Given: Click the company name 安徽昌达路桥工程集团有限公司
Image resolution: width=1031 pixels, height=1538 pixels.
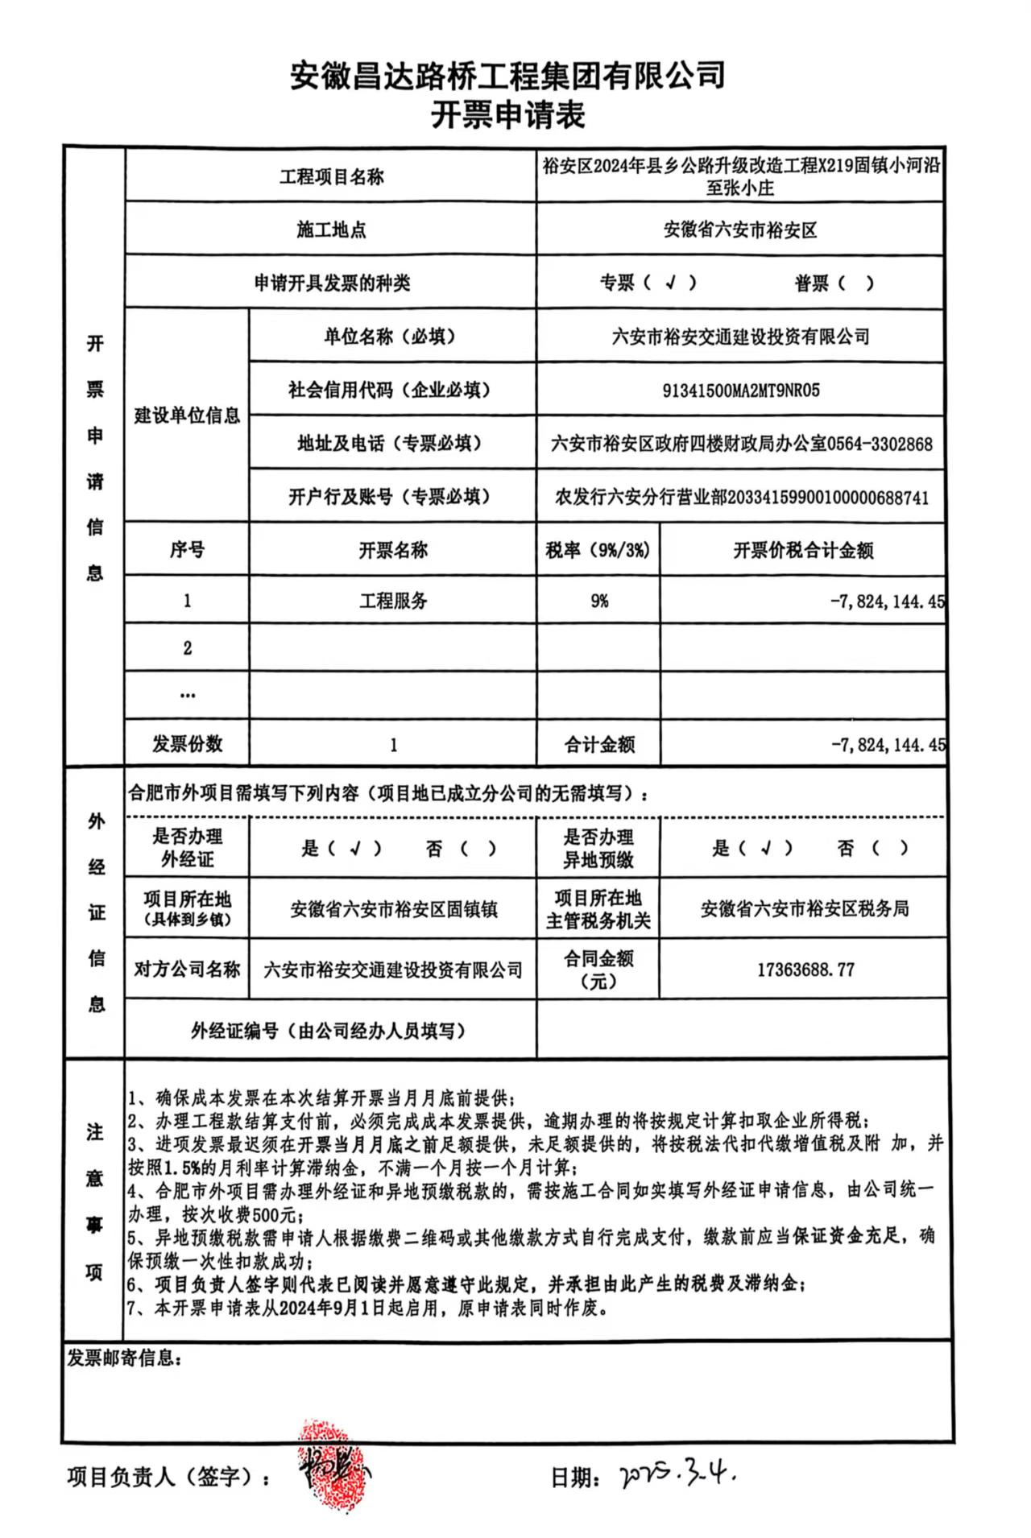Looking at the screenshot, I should point(507,76).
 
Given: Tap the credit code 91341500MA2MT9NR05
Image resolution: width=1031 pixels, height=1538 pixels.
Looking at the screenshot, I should point(740,391).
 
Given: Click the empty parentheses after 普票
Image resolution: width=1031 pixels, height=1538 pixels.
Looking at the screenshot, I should point(855,283).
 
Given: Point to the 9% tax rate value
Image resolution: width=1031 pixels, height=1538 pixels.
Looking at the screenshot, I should point(598,601).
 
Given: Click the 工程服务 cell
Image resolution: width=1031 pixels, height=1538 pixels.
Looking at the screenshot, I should point(393,601).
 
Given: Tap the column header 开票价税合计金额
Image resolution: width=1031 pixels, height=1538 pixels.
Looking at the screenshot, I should point(803,551).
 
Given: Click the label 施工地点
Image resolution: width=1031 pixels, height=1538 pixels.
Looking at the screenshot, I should point(331,229).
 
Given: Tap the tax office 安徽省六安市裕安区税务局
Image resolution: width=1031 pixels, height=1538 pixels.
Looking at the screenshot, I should point(804,909).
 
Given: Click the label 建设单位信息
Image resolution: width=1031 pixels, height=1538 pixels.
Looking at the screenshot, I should point(187,416).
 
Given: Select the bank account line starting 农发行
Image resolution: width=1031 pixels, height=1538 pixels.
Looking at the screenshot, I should point(741,497).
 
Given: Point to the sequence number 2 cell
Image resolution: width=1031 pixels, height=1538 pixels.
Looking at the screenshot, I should point(188,648).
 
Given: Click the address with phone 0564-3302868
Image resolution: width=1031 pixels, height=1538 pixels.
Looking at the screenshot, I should point(741,444).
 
